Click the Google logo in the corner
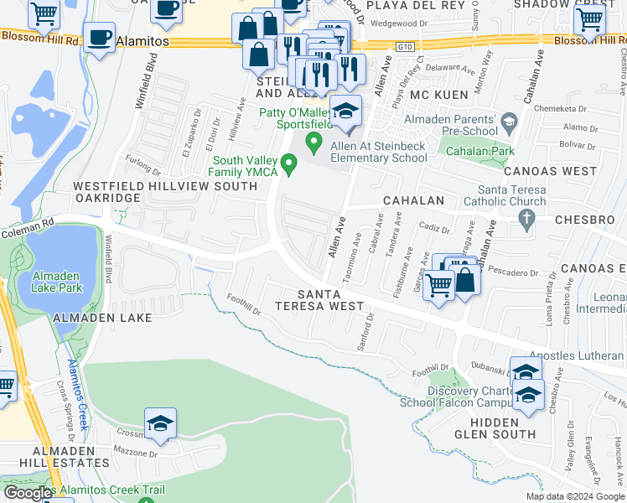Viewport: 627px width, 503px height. tap(27, 493)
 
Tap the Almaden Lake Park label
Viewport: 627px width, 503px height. tap(57, 283)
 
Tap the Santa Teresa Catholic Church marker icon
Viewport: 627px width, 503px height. tap(526, 220)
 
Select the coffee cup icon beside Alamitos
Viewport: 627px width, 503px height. tap(100, 38)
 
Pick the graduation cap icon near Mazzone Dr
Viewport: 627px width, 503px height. tap(160, 423)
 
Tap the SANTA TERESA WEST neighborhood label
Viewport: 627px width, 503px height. tap(332, 300)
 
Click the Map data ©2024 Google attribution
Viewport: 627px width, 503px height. tap(574, 496)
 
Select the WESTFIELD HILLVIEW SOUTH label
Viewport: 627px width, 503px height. tap(165, 186)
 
